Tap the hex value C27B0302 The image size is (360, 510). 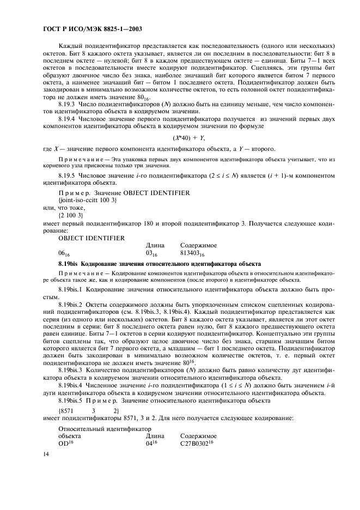[x=197, y=444]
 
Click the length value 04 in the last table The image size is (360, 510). [x=151, y=444]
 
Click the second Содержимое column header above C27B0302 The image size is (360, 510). [x=198, y=436]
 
